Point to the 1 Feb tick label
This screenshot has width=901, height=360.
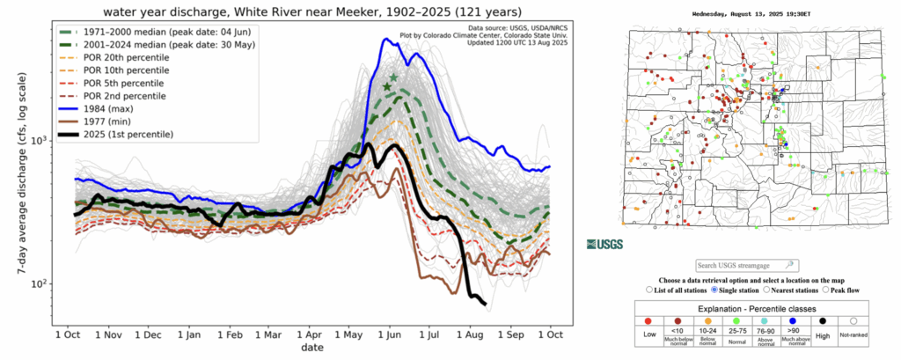coord(231,334)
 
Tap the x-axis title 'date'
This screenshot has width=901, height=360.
coord(311,349)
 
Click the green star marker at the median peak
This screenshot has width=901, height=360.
coord(390,82)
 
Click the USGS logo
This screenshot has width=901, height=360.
coord(604,243)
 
